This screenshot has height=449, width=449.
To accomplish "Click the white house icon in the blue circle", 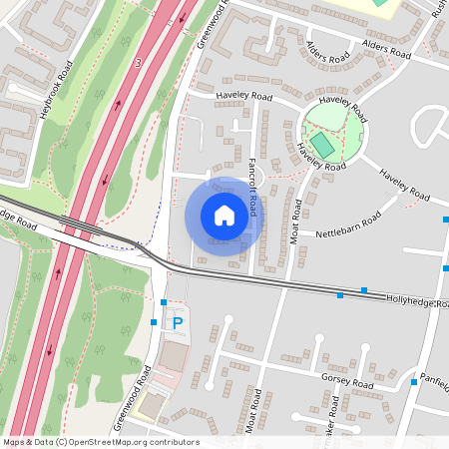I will point(224,216).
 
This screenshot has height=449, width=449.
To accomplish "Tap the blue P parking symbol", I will point(178,322).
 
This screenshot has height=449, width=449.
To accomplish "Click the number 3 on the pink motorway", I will point(138,63).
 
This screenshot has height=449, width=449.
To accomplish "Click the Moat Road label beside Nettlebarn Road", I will point(296,223).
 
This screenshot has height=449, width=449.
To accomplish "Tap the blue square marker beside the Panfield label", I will point(413,382).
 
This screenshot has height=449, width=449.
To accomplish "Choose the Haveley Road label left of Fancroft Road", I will point(243,98).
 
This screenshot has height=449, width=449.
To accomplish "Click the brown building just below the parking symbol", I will point(174,356).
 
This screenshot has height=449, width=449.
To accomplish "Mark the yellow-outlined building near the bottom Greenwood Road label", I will point(152,404).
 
